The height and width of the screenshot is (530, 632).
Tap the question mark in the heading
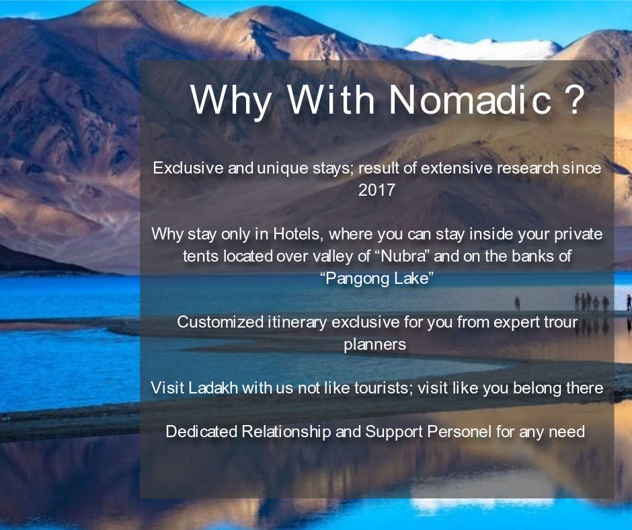coord(573,100)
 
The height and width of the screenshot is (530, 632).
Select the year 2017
coord(377,190)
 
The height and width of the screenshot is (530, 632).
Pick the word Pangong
coord(355,278)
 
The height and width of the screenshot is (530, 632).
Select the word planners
coord(375,345)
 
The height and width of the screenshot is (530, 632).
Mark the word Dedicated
coord(202,432)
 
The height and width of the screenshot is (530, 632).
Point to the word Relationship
coord(286,432)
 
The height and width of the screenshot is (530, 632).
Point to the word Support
coord(394,432)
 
